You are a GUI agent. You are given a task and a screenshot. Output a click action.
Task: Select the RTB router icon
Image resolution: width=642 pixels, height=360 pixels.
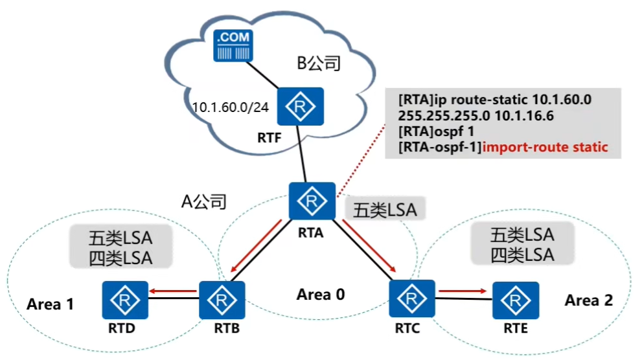point(222,300)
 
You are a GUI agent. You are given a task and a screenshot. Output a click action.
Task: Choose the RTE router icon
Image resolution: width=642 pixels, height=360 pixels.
point(514,300)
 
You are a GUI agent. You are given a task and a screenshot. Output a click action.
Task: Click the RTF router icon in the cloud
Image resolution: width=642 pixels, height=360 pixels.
point(300,107)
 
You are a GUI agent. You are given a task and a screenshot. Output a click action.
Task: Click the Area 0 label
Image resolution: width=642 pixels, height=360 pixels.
point(321,295)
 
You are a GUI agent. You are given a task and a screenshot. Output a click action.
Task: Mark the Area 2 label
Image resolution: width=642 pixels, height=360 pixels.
point(588,300)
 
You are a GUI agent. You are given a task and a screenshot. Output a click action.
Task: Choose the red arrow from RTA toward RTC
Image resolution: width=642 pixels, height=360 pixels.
point(369,248)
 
